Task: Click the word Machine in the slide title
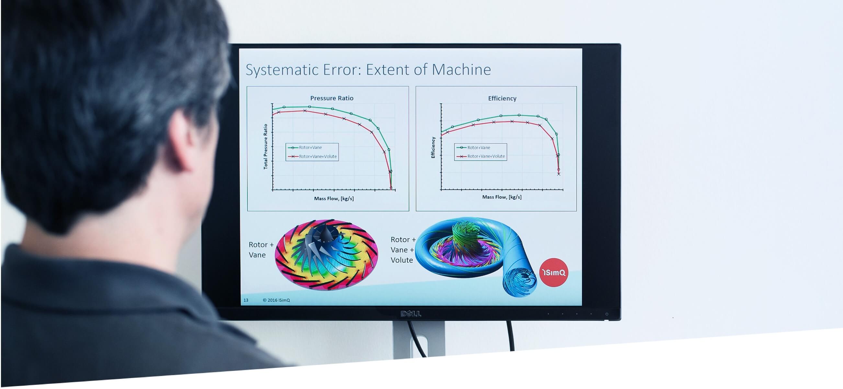461,69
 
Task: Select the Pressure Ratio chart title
332,98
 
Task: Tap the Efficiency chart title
502,98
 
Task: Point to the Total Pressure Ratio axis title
266,147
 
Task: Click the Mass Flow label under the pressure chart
334,198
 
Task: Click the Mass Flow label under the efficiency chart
502,197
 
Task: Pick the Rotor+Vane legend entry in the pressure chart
305,147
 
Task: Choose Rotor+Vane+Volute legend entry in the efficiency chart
480,156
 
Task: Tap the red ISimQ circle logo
553,272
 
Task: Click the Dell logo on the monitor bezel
411,314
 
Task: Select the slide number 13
246,300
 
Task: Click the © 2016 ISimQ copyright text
276,300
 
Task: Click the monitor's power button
606,314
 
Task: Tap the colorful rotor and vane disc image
326,254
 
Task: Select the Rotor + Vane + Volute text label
403,250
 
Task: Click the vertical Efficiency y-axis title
433,147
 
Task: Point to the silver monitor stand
419,339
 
